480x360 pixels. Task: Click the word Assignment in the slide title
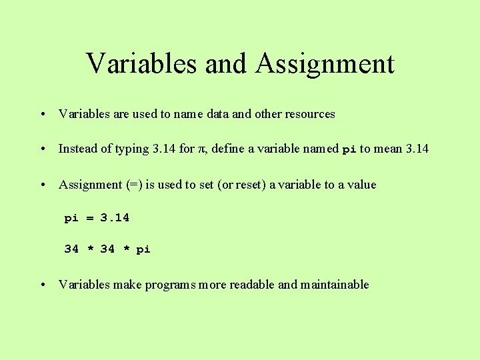click(x=324, y=64)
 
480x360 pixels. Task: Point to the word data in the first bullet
click(x=218, y=114)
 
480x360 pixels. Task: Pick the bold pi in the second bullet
click(x=349, y=149)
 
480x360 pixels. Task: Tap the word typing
click(x=133, y=149)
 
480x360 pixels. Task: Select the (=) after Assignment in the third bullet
click(x=133, y=185)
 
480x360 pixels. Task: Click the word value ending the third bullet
click(x=361, y=185)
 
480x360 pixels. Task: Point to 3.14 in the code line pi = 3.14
click(x=115, y=218)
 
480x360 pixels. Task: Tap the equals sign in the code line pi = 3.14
click(x=89, y=218)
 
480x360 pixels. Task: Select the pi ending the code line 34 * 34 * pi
click(x=143, y=249)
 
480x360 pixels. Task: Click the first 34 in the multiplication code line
click(x=71, y=249)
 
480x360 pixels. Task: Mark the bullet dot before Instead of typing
click(x=42, y=149)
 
